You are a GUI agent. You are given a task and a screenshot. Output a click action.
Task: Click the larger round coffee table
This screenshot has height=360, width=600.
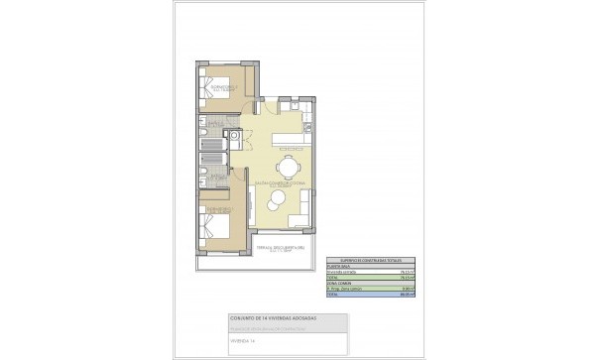[x=274, y=204]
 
